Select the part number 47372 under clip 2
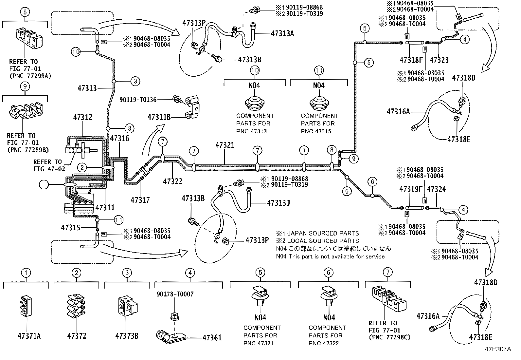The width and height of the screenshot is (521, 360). click(77, 336)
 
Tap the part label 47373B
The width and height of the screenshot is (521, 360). click(127, 336)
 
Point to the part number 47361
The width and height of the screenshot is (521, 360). click(212, 338)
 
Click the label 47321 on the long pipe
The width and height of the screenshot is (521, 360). click(225, 145)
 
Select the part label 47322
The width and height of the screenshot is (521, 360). click(172, 181)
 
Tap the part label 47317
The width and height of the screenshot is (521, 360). click(140, 200)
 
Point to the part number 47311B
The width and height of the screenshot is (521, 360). click(159, 117)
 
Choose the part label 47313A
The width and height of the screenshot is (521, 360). click(282, 33)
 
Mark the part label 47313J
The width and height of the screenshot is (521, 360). click(278, 203)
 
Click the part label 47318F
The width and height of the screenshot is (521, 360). click(411, 60)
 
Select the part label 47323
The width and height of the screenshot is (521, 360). click(439, 60)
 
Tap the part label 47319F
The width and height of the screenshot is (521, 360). click(411, 189)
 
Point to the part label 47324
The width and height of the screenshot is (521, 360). click(436, 189)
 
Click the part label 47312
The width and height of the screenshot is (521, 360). click(82, 117)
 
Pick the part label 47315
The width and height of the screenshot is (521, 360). click(70, 227)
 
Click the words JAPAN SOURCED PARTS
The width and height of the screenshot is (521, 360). click(322, 233)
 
